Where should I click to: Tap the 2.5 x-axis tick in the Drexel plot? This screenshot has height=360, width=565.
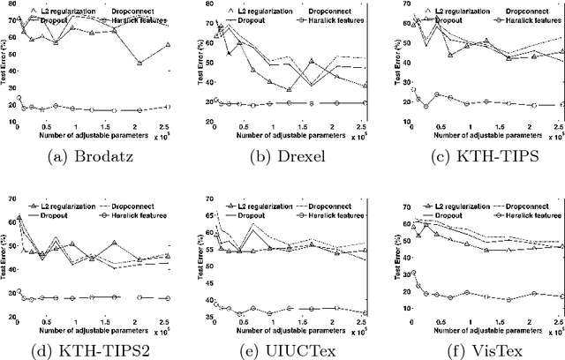tap(361, 125)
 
